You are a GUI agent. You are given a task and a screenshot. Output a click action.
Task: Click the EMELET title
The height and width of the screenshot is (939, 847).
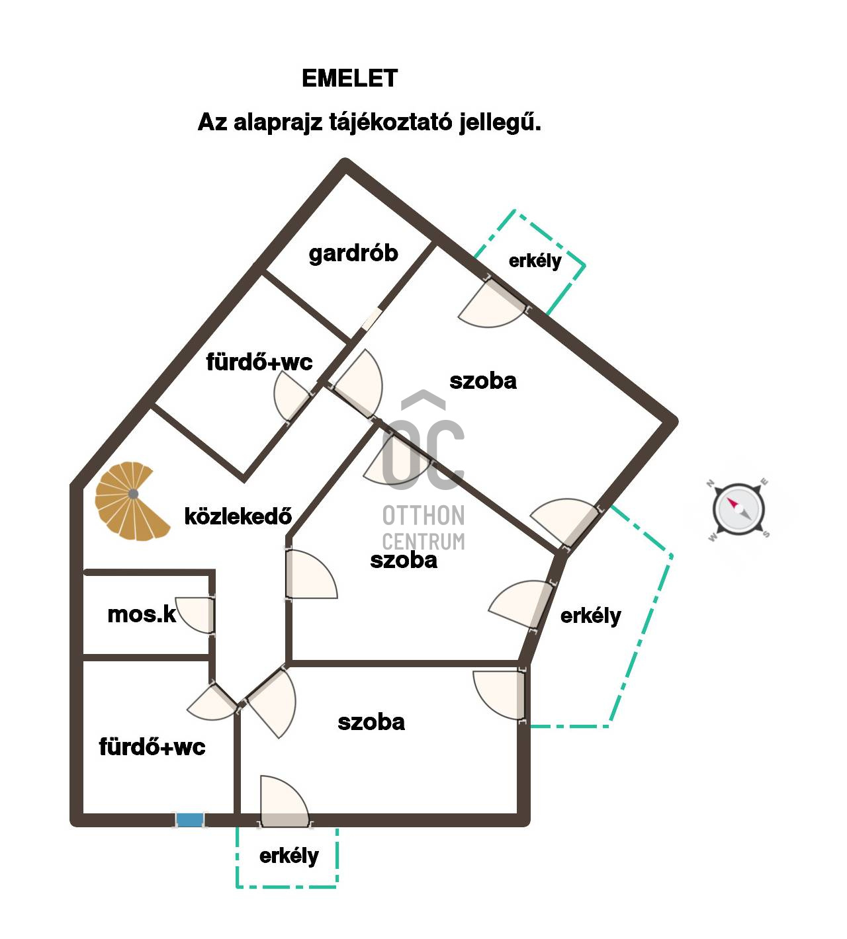click(349, 79)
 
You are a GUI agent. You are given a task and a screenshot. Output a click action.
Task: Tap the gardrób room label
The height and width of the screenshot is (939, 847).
click(353, 253)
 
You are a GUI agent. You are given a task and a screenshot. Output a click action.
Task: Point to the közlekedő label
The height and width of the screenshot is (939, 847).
click(238, 516)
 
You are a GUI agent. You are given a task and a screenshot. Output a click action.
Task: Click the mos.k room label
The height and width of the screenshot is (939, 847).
click(142, 614)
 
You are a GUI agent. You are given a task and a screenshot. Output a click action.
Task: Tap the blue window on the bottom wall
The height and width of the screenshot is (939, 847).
click(190, 820)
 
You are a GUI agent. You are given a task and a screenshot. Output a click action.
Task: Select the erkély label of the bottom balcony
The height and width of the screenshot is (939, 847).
click(289, 856)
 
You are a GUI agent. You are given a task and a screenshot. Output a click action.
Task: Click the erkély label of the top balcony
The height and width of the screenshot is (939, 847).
click(535, 261)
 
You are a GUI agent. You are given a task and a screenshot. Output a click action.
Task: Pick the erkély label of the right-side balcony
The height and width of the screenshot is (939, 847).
click(590, 616)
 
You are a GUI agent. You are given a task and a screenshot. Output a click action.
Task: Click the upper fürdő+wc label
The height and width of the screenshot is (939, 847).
click(259, 362)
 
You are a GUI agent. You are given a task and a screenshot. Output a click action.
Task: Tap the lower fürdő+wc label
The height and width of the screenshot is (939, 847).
click(152, 747)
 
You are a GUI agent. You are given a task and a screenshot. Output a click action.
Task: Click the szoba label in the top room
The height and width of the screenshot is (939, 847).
click(483, 381)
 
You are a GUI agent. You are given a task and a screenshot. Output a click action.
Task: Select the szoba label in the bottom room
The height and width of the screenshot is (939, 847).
click(371, 721)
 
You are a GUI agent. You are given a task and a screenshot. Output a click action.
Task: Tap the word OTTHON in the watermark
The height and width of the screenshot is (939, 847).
click(423, 515)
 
